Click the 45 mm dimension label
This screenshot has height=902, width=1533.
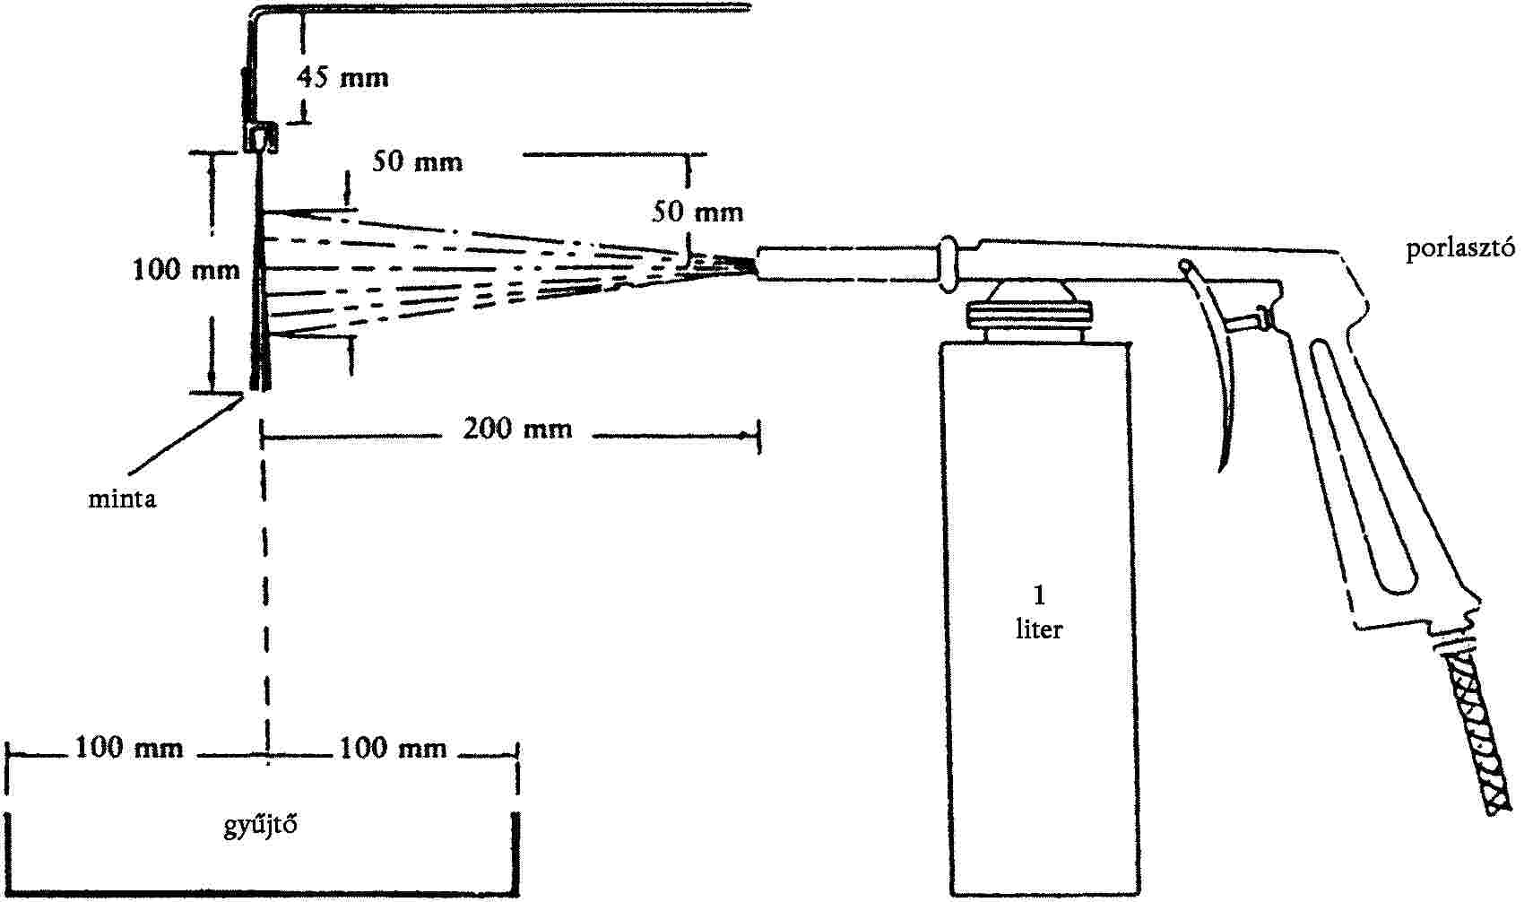coord(342,77)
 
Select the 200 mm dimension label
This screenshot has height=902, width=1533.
coord(517,429)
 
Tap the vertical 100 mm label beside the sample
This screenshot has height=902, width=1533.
coord(186,270)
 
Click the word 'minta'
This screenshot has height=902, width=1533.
coord(123,499)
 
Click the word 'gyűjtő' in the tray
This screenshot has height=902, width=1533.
coord(261,826)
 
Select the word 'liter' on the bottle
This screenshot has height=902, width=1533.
coord(1039,629)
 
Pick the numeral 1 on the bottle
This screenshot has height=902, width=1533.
coord(1040,595)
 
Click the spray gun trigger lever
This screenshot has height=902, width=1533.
coord(1215,356)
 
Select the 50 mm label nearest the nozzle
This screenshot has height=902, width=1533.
coord(697,212)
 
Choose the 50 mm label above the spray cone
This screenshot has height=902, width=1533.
coord(418,162)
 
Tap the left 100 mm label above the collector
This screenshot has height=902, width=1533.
coord(129,747)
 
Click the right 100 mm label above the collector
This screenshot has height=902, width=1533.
coord(394,748)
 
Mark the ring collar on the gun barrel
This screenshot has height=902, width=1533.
coord(948,265)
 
